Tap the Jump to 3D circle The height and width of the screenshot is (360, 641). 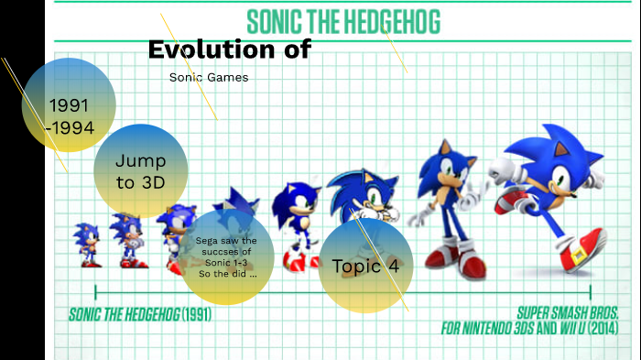pyautogui.click(x=140, y=170)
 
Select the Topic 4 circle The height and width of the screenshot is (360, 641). pyautogui.click(x=365, y=266)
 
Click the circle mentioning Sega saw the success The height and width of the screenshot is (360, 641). pyautogui.click(x=225, y=257)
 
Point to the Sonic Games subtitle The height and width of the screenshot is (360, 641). pyautogui.click(x=209, y=77)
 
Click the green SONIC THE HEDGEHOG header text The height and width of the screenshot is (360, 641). pyautogui.click(x=343, y=20)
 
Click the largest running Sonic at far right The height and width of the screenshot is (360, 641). pyautogui.click(x=549, y=197)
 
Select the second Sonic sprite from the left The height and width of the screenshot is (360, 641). pyautogui.click(x=127, y=240)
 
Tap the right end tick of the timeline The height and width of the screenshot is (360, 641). pyautogui.click(x=591, y=292)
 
